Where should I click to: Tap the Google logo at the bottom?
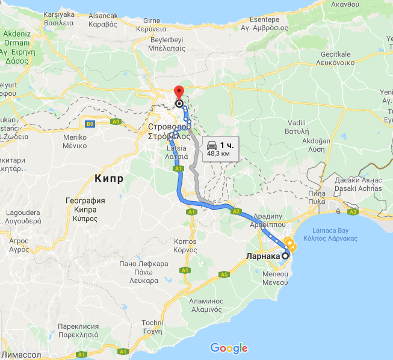[x=229, y=348]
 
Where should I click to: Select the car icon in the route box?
[x=212, y=145]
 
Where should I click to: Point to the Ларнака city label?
[x=263, y=256]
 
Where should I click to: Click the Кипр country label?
[x=109, y=179]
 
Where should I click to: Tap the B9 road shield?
[x=90, y=124]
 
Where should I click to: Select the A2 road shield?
[x=237, y=211]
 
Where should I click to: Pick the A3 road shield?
[x=353, y=212]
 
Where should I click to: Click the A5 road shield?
[x=224, y=275]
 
